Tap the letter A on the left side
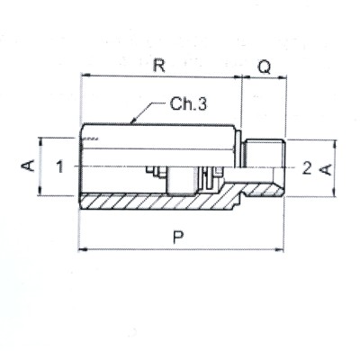pos(28,166)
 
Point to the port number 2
pos(307,167)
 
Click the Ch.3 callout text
pos(190,104)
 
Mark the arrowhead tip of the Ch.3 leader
pos(131,121)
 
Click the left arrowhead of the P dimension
pos(83,247)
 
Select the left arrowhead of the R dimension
pos(83,78)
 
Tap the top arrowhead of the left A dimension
pos(41,139)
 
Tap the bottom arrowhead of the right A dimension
pos(335,196)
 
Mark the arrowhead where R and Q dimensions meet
pos(244,78)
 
